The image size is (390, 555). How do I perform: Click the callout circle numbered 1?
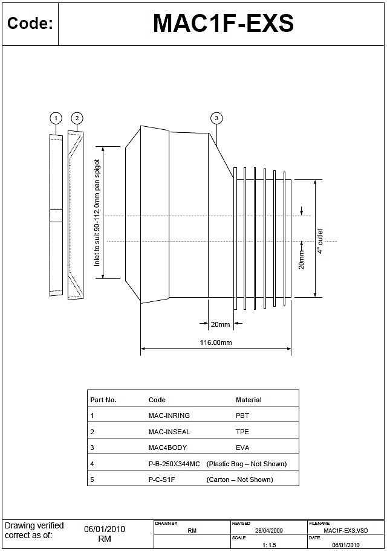[x=56, y=118]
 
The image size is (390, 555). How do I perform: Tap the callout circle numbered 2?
[x=76, y=118]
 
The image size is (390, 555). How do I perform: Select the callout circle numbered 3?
[x=216, y=118]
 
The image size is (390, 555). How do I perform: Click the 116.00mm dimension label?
[x=216, y=342]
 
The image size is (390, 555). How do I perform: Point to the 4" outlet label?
[x=320, y=240]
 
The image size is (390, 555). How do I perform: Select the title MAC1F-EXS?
[x=223, y=24]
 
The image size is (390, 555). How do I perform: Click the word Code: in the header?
[x=30, y=24]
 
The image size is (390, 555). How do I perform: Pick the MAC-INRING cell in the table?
[x=169, y=415]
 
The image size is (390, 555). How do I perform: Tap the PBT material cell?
[x=242, y=415]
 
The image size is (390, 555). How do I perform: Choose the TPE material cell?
[x=242, y=432]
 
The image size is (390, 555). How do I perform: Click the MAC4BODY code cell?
[x=167, y=448]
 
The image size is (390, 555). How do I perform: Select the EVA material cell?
[x=242, y=448]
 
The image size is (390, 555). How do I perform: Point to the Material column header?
[x=249, y=400]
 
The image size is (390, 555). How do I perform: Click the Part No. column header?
[x=103, y=400]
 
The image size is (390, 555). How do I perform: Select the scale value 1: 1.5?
[x=269, y=545]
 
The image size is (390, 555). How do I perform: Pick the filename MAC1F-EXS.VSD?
[x=345, y=530]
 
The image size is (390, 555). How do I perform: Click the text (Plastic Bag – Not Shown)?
[x=247, y=464]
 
